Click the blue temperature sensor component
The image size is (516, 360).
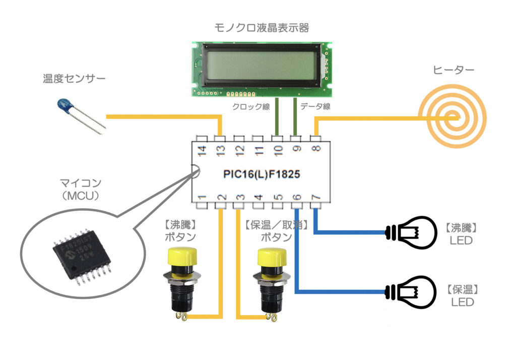[x=66, y=105]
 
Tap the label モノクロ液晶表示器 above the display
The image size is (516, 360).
[x=262, y=28]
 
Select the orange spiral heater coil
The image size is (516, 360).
[x=454, y=118]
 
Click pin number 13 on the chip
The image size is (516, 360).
[x=220, y=150]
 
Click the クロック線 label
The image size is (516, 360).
[x=250, y=106]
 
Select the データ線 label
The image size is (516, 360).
[x=315, y=106]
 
